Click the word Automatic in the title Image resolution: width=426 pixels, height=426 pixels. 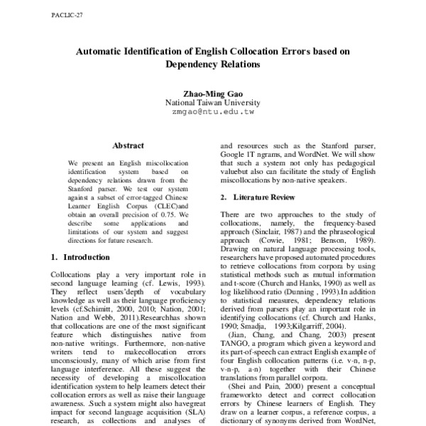(x=105, y=52)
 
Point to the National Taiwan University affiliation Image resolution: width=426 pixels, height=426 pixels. (x=214, y=102)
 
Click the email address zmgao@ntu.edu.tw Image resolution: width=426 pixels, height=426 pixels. (x=214, y=112)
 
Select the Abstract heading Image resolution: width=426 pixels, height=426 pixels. (x=129, y=145)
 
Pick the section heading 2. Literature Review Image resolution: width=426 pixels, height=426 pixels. (x=256, y=196)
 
